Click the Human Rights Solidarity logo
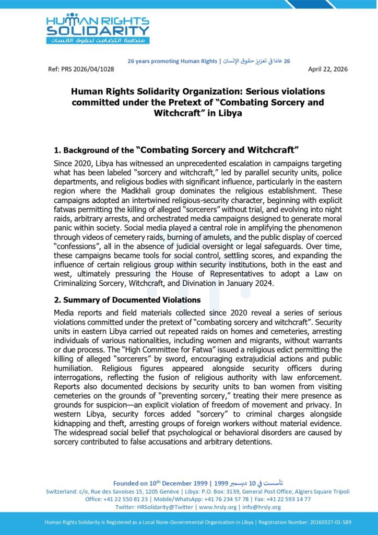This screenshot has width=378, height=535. click(x=97, y=29)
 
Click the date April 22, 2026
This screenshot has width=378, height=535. click(x=328, y=69)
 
